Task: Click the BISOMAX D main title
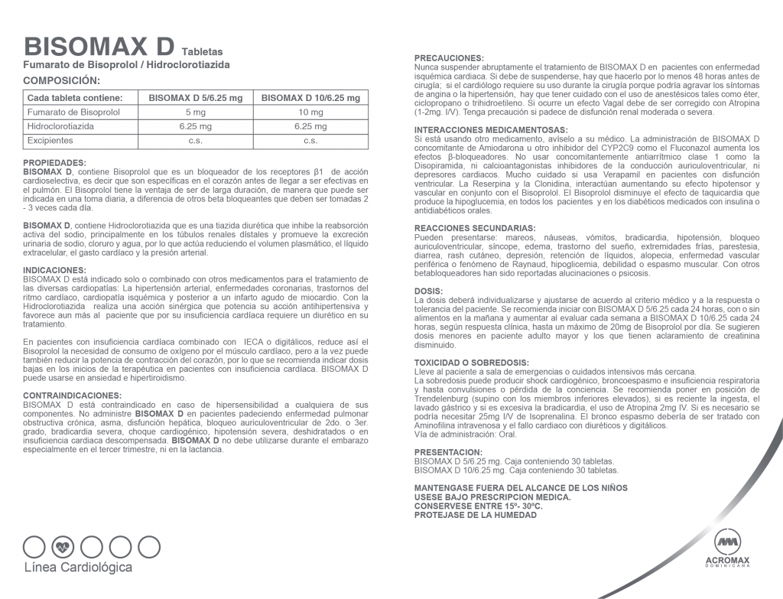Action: [x=100, y=45]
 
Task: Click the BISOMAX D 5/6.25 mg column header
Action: [x=196, y=98]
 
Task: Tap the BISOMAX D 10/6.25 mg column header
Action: [x=310, y=98]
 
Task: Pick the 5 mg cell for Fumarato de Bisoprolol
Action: [x=196, y=112]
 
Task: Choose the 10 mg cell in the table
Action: [x=310, y=112]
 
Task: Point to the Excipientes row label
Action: [x=50, y=141]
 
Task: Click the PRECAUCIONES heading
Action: [x=448, y=58]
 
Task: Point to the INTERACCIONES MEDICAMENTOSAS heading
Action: [x=490, y=129]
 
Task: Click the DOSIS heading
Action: [x=428, y=291]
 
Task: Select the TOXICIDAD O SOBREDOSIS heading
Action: [x=471, y=362]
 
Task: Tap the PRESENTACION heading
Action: [x=448, y=452]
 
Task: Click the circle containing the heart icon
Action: [x=63, y=547]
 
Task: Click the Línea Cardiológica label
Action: [x=79, y=568]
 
